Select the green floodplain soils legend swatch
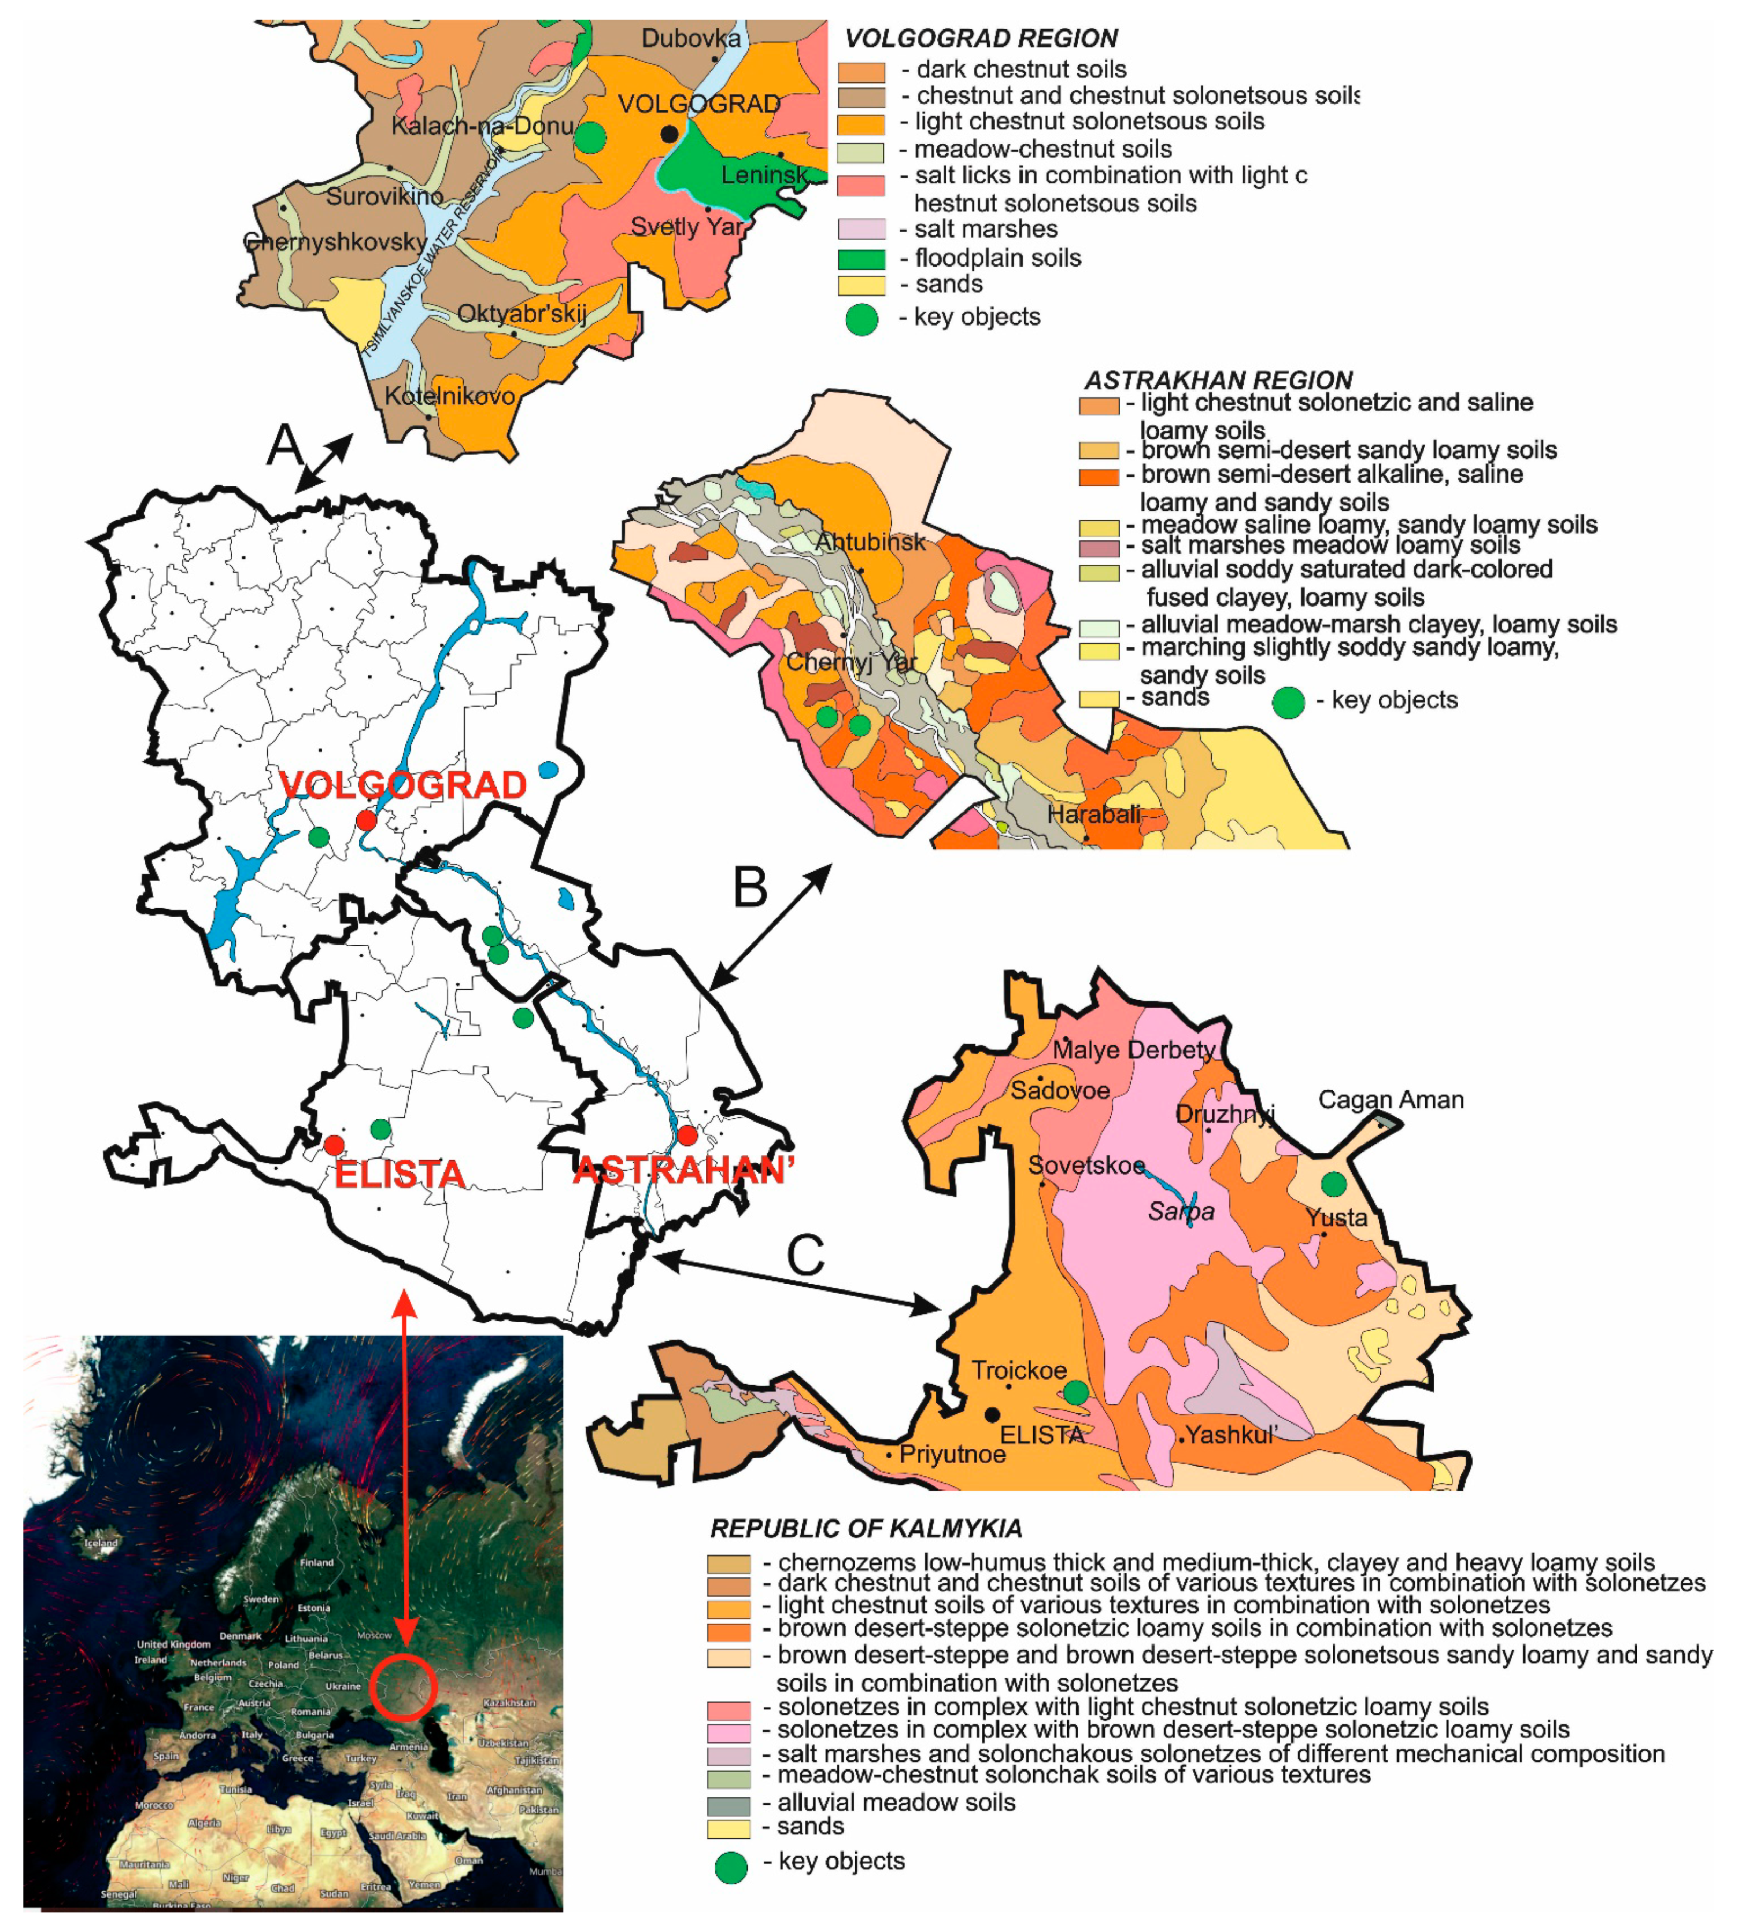tap(861, 259)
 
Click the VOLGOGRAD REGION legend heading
tap(980, 38)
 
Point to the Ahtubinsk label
tap(869, 541)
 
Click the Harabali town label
tap(1094, 815)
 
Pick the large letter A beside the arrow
tap(284, 445)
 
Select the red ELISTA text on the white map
tap(399, 1174)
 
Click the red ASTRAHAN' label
tap(683, 1170)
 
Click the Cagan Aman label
tap(1389, 1099)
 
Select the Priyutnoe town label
tap(951, 1454)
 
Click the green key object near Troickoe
tap(1075, 1392)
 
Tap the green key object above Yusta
tap(1333, 1184)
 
